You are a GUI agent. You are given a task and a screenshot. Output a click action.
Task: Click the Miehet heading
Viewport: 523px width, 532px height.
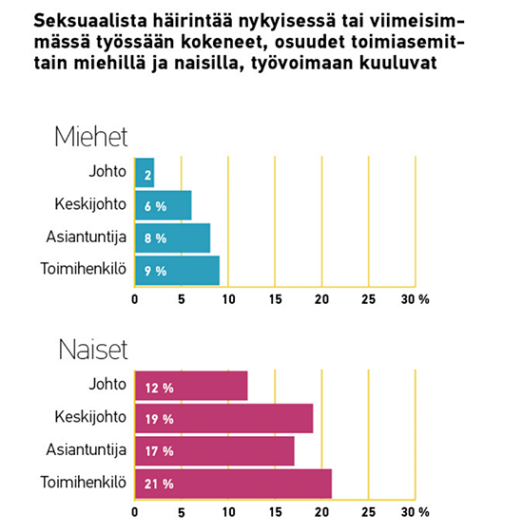point(90,137)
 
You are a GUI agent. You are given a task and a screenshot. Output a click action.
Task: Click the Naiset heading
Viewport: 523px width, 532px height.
point(93,350)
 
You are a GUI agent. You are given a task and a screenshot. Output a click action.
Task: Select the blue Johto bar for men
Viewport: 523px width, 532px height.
point(145,173)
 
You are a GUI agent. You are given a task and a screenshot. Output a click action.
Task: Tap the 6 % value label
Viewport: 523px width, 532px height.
point(155,206)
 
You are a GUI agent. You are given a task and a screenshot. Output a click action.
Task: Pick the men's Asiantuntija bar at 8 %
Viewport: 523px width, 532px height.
point(172,237)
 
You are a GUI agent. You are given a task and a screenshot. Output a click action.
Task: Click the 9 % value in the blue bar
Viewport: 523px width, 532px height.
point(155,271)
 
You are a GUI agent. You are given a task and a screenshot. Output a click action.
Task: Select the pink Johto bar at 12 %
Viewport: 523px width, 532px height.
point(191,386)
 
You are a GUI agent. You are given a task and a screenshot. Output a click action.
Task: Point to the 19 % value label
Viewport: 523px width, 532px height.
point(160,419)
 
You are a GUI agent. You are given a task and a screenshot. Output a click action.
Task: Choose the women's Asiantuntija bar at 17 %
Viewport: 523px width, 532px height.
point(215,451)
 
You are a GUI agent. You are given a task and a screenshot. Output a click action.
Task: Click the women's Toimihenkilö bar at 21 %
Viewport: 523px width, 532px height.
point(233,484)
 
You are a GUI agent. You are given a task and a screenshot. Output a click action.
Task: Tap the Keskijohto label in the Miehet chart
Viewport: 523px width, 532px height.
point(90,204)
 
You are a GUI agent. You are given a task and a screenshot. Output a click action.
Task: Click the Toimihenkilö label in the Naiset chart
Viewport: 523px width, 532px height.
point(84,483)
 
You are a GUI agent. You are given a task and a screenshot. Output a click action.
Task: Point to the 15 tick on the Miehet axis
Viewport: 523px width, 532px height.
point(275,299)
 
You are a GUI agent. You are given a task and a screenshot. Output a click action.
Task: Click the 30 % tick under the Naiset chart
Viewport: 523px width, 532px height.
point(415,512)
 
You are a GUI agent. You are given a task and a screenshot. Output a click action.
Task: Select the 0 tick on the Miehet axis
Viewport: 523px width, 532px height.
point(135,299)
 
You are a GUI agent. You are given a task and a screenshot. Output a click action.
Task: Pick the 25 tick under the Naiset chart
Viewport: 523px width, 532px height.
point(369,512)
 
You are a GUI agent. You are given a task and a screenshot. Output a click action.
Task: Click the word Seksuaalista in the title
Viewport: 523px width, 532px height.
point(90,21)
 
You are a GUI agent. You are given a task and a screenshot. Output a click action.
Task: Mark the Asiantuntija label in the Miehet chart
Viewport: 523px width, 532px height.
point(87,237)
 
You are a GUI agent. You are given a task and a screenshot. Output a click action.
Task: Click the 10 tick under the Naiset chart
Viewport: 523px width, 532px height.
point(228,512)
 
